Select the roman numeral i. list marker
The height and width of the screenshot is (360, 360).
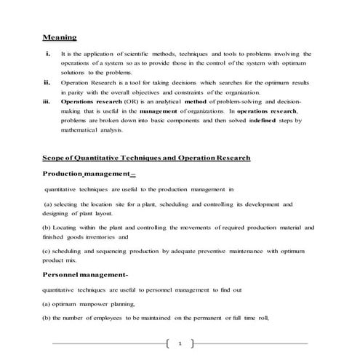(x=47, y=54)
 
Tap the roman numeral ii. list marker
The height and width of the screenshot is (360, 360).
(x=48, y=83)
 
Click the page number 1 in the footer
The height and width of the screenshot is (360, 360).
(x=179, y=341)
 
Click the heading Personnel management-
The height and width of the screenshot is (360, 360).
(x=85, y=274)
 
